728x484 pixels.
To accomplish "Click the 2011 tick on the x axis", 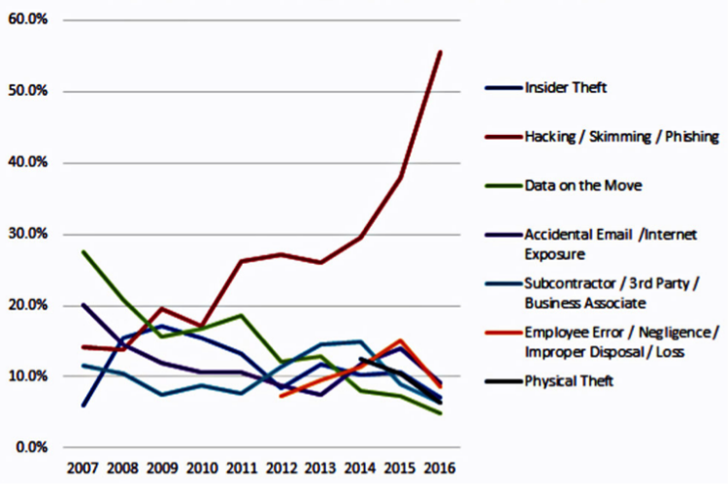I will (240, 468).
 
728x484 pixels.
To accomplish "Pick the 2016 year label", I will (441, 468).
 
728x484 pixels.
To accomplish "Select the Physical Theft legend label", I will (570, 381).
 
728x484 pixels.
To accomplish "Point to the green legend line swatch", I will (502, 184).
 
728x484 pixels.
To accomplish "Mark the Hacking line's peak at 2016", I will (441, 52).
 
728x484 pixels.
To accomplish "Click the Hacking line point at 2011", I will (240, 261).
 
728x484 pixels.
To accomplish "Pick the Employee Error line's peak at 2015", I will (401, 340).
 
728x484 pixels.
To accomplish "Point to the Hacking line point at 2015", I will (401, 178).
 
